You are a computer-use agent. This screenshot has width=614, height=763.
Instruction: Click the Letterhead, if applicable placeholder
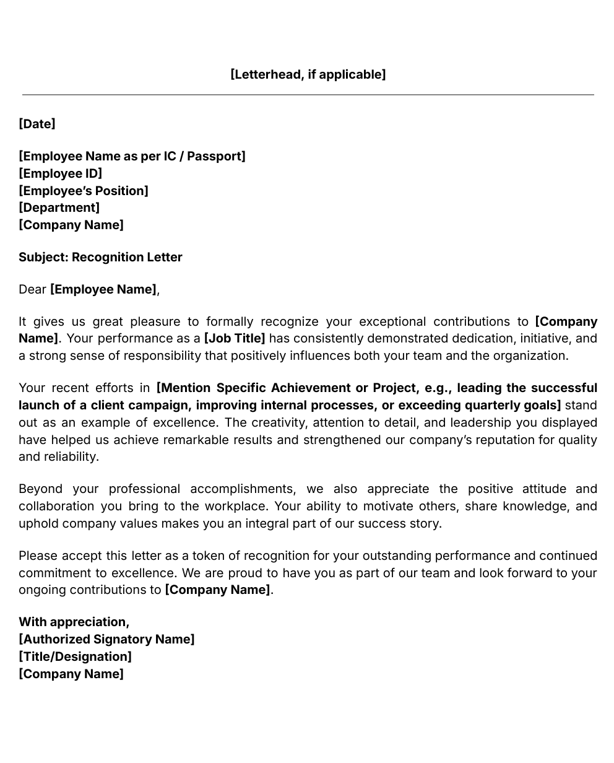308,74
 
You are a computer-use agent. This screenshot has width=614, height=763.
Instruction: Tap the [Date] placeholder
37,124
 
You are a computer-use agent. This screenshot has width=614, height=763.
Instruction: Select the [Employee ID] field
60,173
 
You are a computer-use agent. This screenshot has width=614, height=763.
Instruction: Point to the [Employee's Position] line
84,191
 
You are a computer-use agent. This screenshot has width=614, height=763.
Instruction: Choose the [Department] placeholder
59,207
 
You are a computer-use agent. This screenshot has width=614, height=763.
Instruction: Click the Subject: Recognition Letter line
100,257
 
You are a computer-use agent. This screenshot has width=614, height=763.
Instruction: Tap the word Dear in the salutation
32,289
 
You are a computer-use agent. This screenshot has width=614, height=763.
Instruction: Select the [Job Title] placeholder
235,338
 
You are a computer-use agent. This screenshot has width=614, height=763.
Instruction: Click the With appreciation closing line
74,622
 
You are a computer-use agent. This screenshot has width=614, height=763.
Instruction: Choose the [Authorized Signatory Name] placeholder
106,639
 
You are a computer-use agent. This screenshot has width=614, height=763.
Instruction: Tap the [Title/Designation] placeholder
75,656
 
